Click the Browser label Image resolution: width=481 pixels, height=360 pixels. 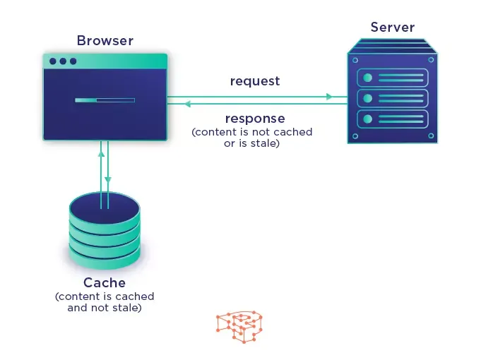105,40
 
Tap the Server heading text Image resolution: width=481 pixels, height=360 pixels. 392,28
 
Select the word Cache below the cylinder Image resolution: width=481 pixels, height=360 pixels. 105,283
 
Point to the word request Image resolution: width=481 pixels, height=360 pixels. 255,81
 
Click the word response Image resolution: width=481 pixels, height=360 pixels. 255,118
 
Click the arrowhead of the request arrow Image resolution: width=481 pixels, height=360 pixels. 329,96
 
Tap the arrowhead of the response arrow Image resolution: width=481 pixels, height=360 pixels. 186,104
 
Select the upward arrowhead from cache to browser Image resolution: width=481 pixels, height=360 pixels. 101,152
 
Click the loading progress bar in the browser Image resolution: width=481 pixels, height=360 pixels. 105,100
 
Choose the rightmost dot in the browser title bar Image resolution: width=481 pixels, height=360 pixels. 72,61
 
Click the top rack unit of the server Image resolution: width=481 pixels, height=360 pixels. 392,77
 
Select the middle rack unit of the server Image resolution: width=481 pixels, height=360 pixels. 392,97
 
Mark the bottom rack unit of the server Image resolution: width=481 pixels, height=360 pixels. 392,118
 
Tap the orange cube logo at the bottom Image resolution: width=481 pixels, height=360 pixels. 239,325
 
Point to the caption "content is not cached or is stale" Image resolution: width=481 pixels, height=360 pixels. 252,138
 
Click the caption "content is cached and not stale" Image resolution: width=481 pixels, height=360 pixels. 105,302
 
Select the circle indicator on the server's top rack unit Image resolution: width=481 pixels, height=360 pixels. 367,77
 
